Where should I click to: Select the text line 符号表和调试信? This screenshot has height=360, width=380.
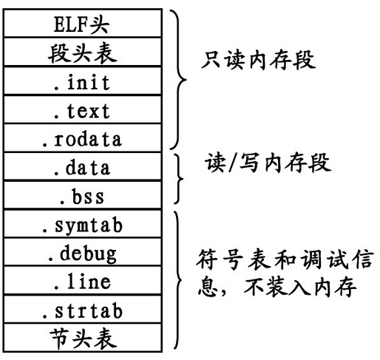(284, 260)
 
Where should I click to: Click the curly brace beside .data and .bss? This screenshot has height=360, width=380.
(178, 180)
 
